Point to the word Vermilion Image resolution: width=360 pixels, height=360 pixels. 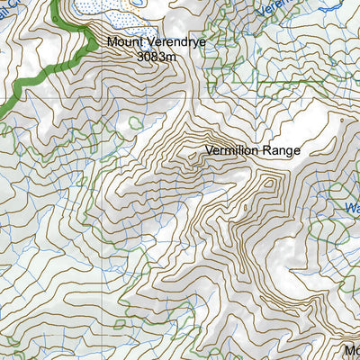click(x=232, y=151)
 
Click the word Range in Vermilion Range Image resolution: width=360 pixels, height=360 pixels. click(x=281, y=151)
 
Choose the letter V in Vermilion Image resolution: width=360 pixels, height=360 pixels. click(x=210, y=151)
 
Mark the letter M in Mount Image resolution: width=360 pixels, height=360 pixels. click(x=112, y=41)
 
